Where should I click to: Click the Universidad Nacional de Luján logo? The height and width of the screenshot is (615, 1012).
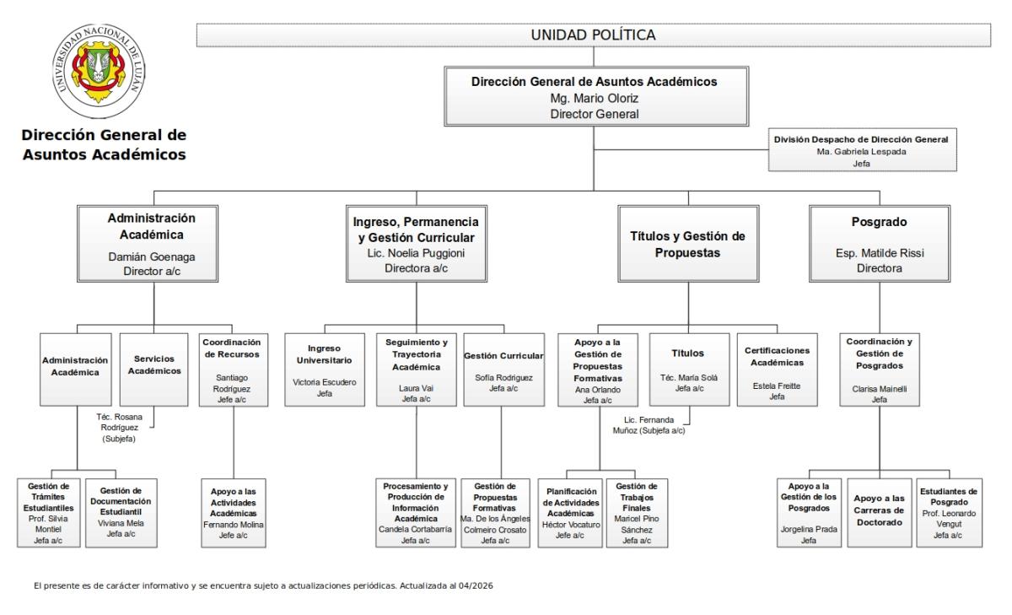(99, 71)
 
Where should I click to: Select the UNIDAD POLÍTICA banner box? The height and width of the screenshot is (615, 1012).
(593, 35)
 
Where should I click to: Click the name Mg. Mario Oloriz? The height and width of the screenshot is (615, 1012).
(594, 98)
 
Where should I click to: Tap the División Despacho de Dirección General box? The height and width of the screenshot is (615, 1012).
(862, 150)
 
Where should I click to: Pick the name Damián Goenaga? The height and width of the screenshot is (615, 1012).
(152, 256)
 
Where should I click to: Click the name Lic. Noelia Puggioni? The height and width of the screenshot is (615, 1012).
(416, 253)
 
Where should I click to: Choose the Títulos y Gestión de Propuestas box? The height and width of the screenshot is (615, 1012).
(688, 244)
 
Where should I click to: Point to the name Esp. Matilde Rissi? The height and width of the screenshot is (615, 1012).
(880, 253)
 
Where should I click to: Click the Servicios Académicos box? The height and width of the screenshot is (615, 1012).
(153, 370)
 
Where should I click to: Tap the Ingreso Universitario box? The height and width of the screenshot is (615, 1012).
(325, 370)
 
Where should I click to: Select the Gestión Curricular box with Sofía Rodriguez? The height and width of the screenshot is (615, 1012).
(503, 370)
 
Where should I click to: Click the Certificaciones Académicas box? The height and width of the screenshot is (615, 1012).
(777, 370)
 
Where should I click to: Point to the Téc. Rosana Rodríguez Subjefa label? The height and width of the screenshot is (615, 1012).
(119, 428)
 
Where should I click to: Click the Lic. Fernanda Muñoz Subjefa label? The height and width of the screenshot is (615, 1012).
(649, 425)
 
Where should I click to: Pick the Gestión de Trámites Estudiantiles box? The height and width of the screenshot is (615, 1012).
(48, 513)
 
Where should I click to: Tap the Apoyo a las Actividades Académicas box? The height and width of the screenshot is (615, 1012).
(233, 513)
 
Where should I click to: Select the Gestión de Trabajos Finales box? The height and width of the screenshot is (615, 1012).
(637, 513)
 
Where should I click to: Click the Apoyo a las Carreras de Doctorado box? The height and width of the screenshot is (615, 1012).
(879, 513)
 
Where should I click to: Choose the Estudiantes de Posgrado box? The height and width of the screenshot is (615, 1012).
(949, 513)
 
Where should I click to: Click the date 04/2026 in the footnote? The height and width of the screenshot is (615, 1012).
(476, 585)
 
